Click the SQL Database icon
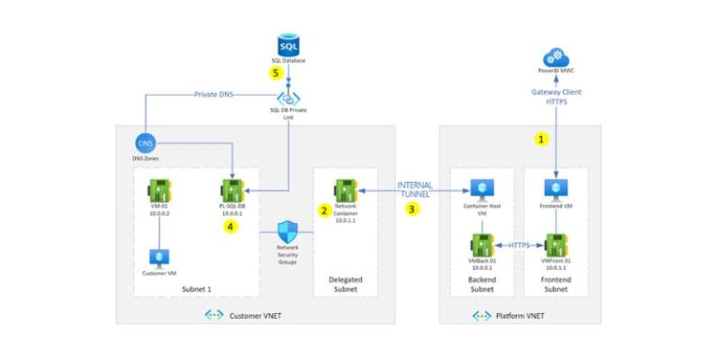click(289, 44)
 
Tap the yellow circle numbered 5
click(276, 71)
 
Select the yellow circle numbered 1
click(540, 138)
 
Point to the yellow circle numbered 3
click(411, 209)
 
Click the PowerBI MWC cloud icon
click(557, 54)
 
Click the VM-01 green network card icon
click(157, 188)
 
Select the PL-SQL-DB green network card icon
click(232, 188)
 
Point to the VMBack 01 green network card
click(482, 247)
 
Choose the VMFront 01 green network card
click(557, 247)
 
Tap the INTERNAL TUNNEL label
click(414, 191)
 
